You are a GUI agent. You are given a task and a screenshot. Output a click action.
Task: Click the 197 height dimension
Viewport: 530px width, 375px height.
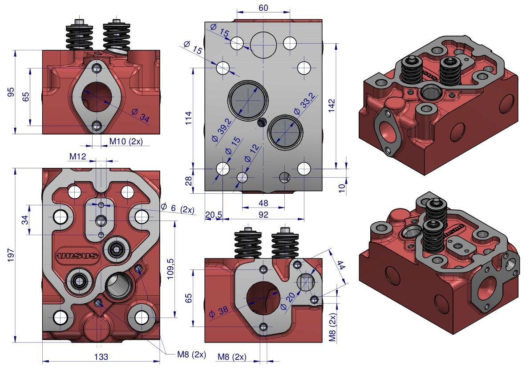(12, 255)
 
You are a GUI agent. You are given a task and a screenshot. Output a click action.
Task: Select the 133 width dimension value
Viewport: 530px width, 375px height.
(101, 357)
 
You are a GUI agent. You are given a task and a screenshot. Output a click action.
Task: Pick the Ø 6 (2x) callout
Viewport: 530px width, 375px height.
(178, 208)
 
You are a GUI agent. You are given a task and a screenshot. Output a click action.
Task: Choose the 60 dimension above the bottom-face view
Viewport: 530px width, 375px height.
(263, 8)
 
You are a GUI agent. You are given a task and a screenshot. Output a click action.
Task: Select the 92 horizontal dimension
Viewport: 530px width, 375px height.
(264, 215)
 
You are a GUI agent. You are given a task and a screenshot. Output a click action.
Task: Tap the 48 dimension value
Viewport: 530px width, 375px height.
(264, 203)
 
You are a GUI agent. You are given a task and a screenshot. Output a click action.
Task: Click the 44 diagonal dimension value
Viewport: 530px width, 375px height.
(340, 265)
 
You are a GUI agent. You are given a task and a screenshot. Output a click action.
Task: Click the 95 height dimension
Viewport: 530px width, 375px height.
(12, 92)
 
